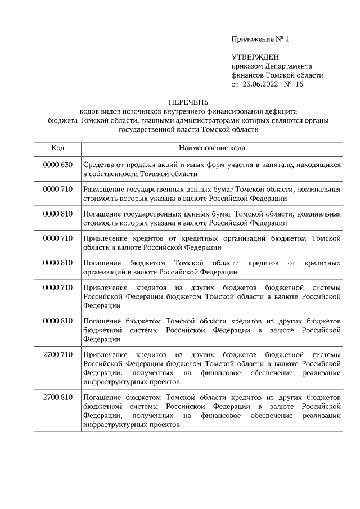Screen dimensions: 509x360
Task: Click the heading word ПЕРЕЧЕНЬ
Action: click(188, 102)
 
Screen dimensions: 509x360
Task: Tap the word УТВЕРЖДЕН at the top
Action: click(255, 57)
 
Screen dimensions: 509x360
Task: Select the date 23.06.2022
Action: click(260, 84)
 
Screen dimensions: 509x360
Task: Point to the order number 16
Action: click(299, 84)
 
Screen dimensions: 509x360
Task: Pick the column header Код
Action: click(57, 148)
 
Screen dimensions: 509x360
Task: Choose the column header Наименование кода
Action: click(211, 148)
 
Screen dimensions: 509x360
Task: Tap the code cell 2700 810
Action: click(57, 398)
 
